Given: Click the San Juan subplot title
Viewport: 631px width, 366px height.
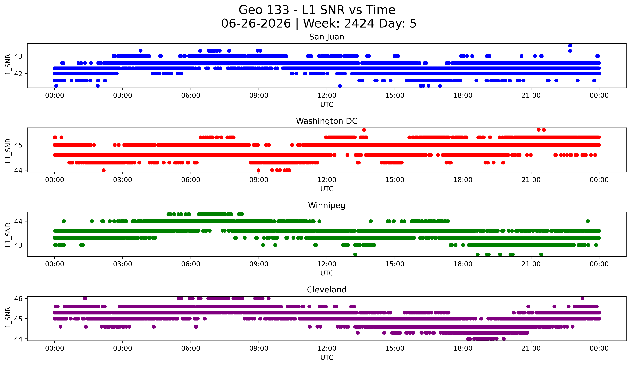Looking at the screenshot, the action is coord(327,37).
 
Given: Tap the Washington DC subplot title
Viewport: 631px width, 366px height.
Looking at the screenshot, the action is coord(327,121).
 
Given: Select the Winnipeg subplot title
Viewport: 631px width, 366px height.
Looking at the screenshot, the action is coord(327,205).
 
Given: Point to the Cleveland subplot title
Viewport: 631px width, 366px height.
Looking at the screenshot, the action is coord(327,290).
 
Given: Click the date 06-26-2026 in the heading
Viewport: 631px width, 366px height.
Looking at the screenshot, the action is coord(256,24).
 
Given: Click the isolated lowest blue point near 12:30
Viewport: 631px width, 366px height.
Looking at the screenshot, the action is coord(340,86).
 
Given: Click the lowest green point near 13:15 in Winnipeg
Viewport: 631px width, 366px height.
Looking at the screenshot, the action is coord(355,254).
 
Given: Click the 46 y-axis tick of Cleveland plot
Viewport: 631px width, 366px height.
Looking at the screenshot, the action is coord(18,298).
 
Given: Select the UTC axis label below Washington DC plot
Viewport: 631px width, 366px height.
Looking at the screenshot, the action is coord(327,189).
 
